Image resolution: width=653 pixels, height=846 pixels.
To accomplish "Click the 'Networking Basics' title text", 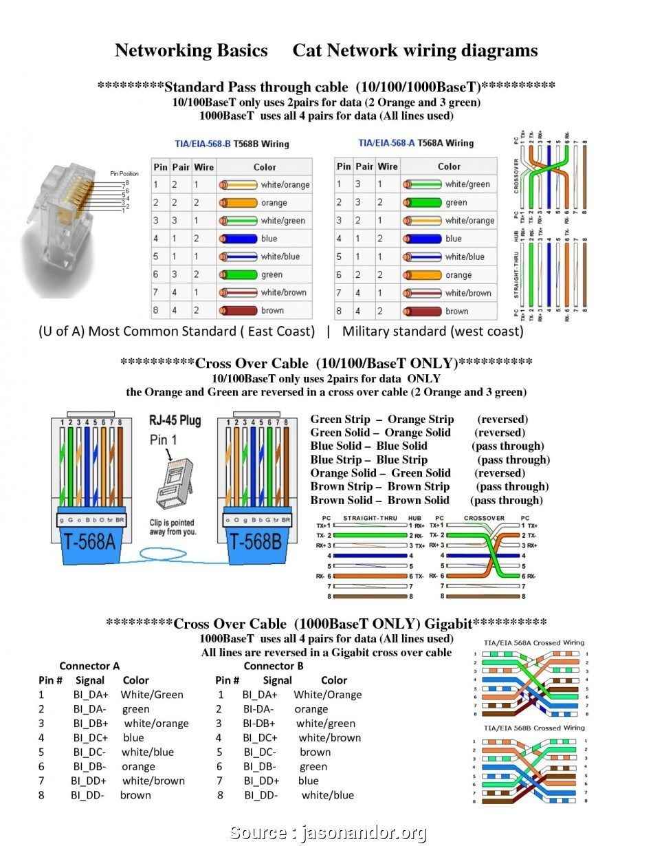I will tap(191, 50).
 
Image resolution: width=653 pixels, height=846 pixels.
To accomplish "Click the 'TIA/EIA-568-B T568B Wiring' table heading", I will tap(232, 144).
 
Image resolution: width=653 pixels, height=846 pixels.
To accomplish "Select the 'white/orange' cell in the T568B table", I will tap(285, 185).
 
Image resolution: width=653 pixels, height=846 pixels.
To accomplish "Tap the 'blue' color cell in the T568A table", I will tap(453, 239).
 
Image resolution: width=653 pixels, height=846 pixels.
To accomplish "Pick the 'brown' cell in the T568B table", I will tap(272, 310).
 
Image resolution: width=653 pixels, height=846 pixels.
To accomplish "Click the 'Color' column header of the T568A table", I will tap(449, 166).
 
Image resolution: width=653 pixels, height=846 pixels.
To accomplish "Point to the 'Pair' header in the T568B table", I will tap(180, 166).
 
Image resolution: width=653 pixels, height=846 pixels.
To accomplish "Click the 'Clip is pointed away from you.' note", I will tap(172, 527).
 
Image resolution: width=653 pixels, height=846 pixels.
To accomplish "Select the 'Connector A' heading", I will tap(89, 666).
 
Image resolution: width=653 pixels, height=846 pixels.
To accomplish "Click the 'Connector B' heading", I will tap(273, 666).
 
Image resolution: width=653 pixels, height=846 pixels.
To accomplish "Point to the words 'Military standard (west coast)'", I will tap(432, 332).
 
